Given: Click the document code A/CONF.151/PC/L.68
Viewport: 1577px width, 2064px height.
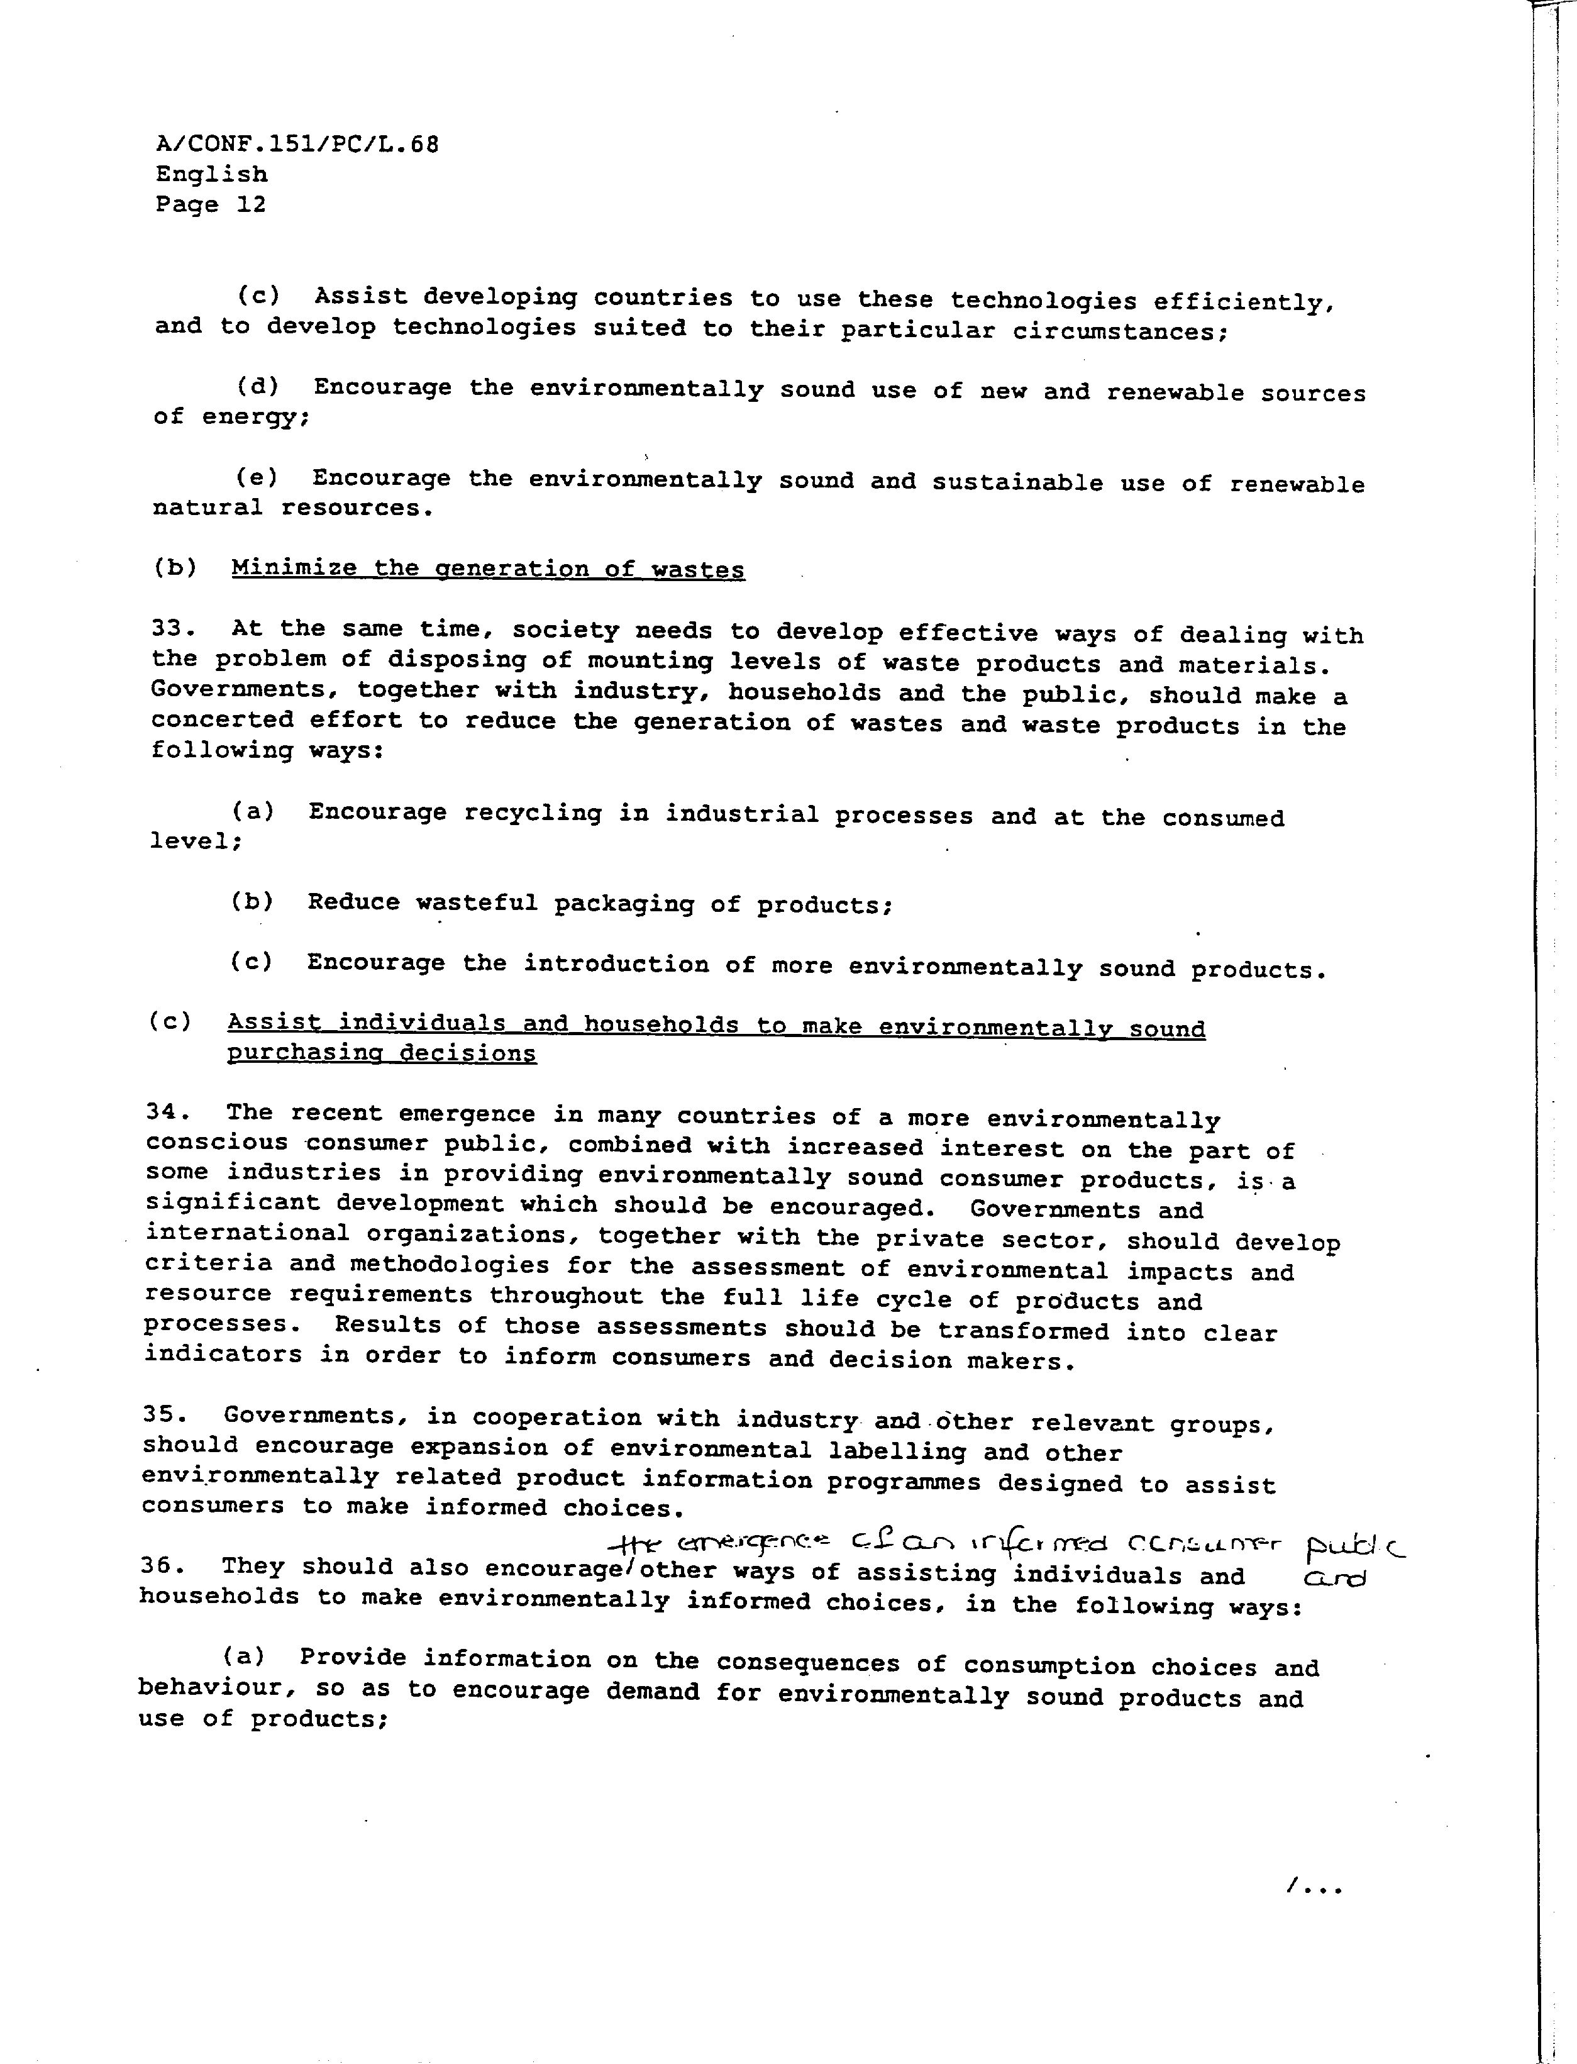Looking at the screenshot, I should pyautogui.click(x=297, y=145).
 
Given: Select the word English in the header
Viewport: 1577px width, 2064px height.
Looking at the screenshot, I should pyautogui.click(x=211, y=175).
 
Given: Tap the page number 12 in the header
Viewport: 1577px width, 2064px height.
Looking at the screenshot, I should pyautogui.click(x=251, y=204).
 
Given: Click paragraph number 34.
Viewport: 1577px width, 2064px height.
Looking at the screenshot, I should pyautogui.click(x=167, y=1112).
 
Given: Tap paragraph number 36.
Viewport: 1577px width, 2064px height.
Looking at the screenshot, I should pyautogui.click(x=160, y=1565).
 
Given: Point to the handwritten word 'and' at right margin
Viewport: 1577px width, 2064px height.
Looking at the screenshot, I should pyautogui.click(x=1336, y=1580).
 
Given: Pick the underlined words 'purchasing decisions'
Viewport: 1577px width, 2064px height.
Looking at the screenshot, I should pyautogui.click(x=381, y=1053).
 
